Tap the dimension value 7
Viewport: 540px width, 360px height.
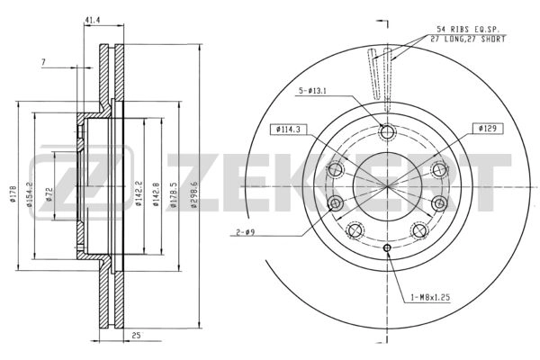point(43,62)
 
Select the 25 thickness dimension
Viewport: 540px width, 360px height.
point(137,335)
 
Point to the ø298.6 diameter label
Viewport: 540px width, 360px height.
point(193,194)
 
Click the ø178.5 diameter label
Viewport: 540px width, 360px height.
point(173,195)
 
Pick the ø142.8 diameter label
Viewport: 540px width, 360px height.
point(156,194)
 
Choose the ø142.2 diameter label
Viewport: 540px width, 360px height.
point(139,194)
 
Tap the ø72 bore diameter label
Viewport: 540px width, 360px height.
point(49,194)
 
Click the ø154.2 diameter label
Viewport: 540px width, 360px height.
point(30,194)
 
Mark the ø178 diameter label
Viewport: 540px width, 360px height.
point(13,194)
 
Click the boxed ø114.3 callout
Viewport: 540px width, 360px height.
point(288,130)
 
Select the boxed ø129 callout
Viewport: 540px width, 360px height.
point(487,129)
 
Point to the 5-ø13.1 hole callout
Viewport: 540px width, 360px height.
point(312,91)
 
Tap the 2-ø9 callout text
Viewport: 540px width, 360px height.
point(245,232)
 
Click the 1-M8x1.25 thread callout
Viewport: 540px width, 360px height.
point(430,297)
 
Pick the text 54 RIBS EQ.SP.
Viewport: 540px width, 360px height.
point(468,29)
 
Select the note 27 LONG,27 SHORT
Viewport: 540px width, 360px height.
point(468,39)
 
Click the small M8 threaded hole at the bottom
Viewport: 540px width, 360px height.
point(387,247)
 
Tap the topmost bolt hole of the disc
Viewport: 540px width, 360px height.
point(387,132)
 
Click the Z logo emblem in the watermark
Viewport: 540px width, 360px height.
point(82,183)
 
